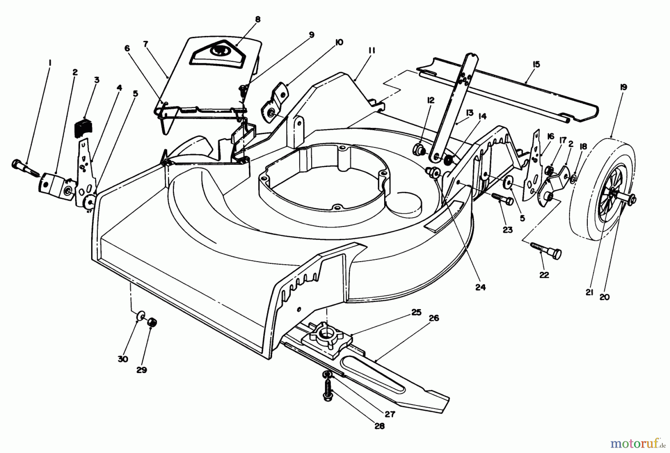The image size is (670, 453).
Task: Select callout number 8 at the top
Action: pyautogui.click(x=258, y=20)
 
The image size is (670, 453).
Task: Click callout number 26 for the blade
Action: pyautogui.click(x=434, y=318)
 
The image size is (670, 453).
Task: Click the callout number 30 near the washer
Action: pyautogui.click(x=123, y=359)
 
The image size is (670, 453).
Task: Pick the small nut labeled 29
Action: pyautogui.click(x=152, y=322)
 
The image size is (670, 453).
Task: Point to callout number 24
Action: pyautogui.click(x=480, y=287)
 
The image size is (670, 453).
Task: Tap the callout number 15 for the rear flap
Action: pyautogui.click(x=536, y=64)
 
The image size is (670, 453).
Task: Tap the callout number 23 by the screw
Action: pyautogui.click(x=507, y=230)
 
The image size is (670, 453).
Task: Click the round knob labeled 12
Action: pyautogui.click(x=419, y=150)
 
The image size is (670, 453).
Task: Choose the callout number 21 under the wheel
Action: pyautogui.click(x=589, y=293)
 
